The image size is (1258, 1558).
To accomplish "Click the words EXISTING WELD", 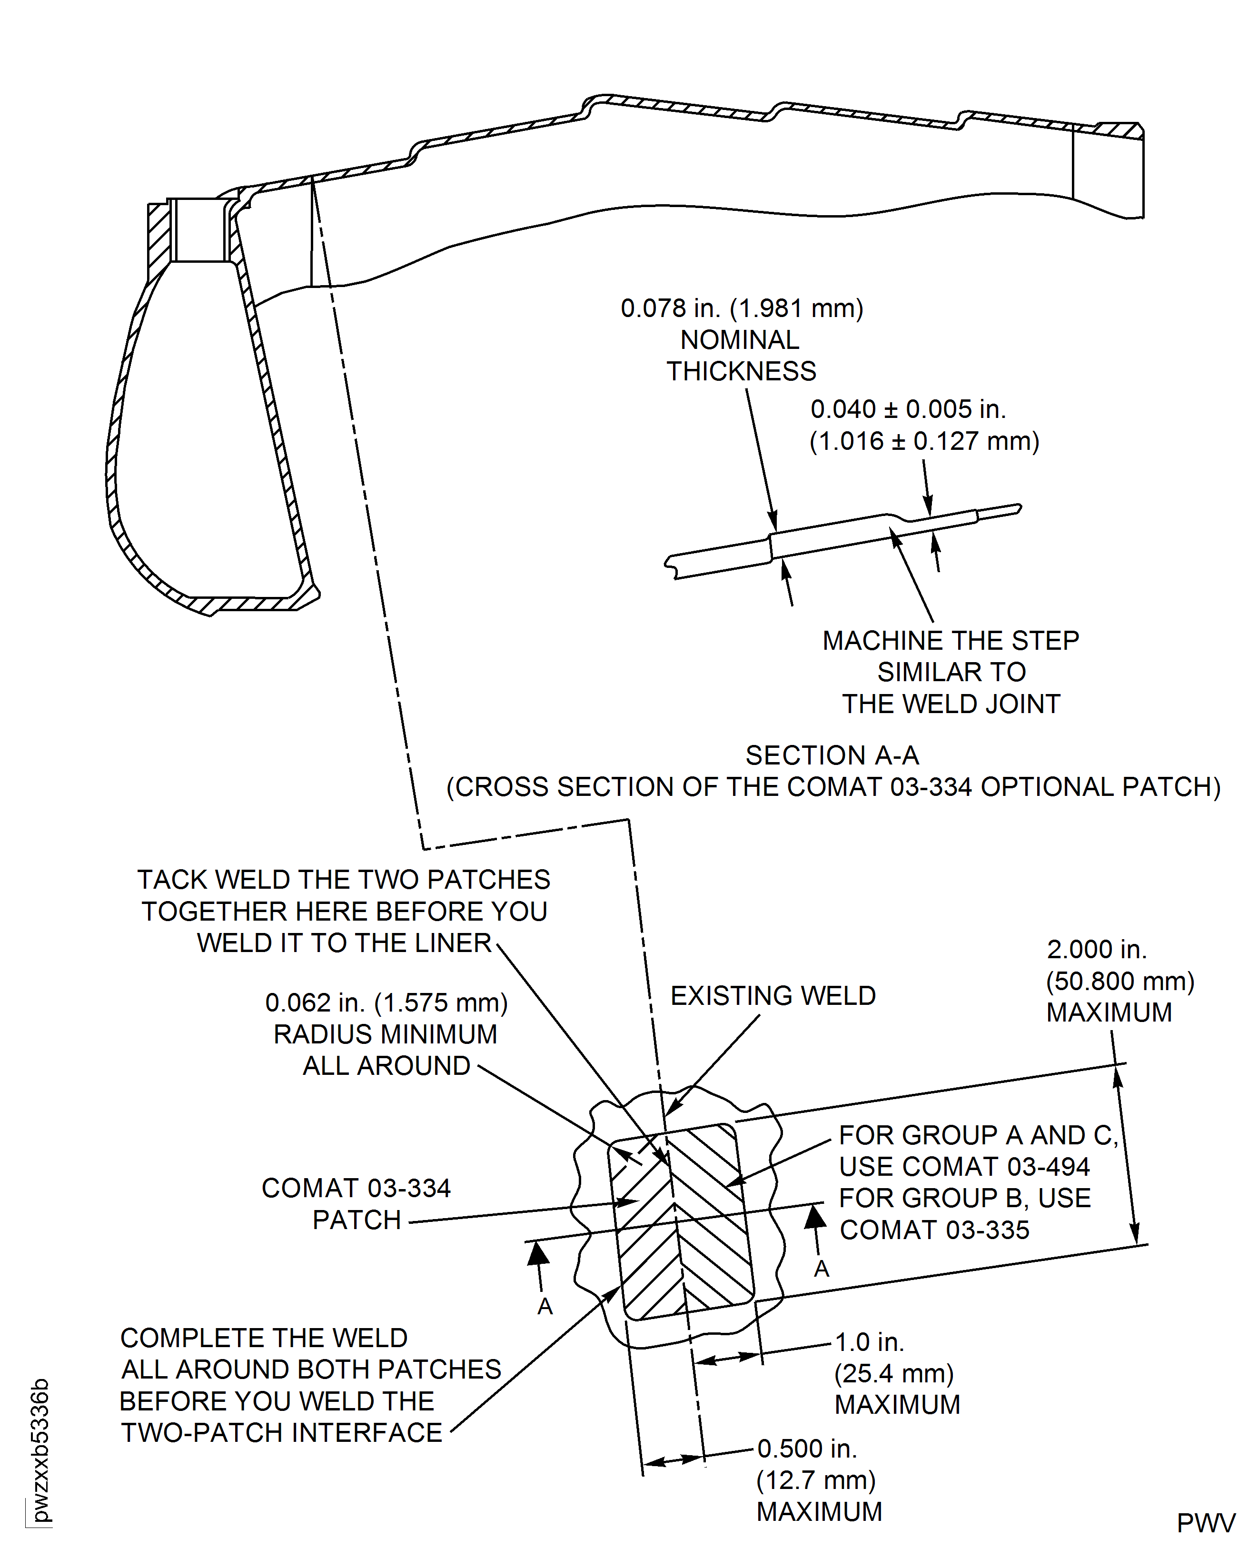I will (773, 996).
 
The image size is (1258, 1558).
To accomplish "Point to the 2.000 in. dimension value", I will (1096, 949).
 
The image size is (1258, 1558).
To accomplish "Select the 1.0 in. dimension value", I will (869, 1342).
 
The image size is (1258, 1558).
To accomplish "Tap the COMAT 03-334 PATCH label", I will (356, 1204).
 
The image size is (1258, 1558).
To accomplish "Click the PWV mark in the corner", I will (1205, 1523).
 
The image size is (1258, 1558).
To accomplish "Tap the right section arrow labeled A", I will (816, 1225).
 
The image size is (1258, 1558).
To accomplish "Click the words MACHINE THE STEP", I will (950, 641).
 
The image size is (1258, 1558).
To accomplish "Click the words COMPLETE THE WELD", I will (263, 1338).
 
